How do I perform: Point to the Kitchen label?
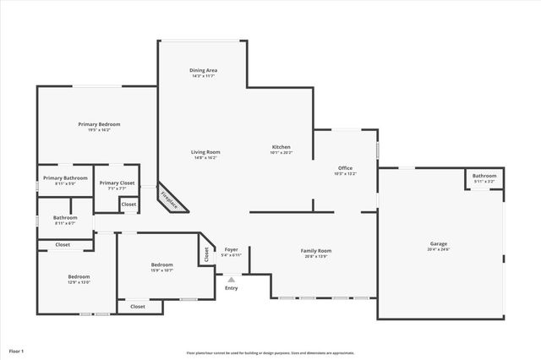(x=281, y=147)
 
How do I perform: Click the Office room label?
(x=345, y=167)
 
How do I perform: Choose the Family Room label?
(x=316, y=250)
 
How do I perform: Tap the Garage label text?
(x=438, y=244)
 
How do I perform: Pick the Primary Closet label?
(x=117, y=183)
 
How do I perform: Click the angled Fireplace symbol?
(x=170, y=200)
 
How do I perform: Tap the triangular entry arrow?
(x=231, y=280)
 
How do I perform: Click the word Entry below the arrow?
(x=231, y=288)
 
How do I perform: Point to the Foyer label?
(x=231, y=249)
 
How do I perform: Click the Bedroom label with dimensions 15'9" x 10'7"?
(x=161, y=265)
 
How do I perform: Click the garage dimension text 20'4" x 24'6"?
(x=438, y=249)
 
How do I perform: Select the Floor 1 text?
(x=16, y=351)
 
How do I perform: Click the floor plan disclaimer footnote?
(x=270, y=353)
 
